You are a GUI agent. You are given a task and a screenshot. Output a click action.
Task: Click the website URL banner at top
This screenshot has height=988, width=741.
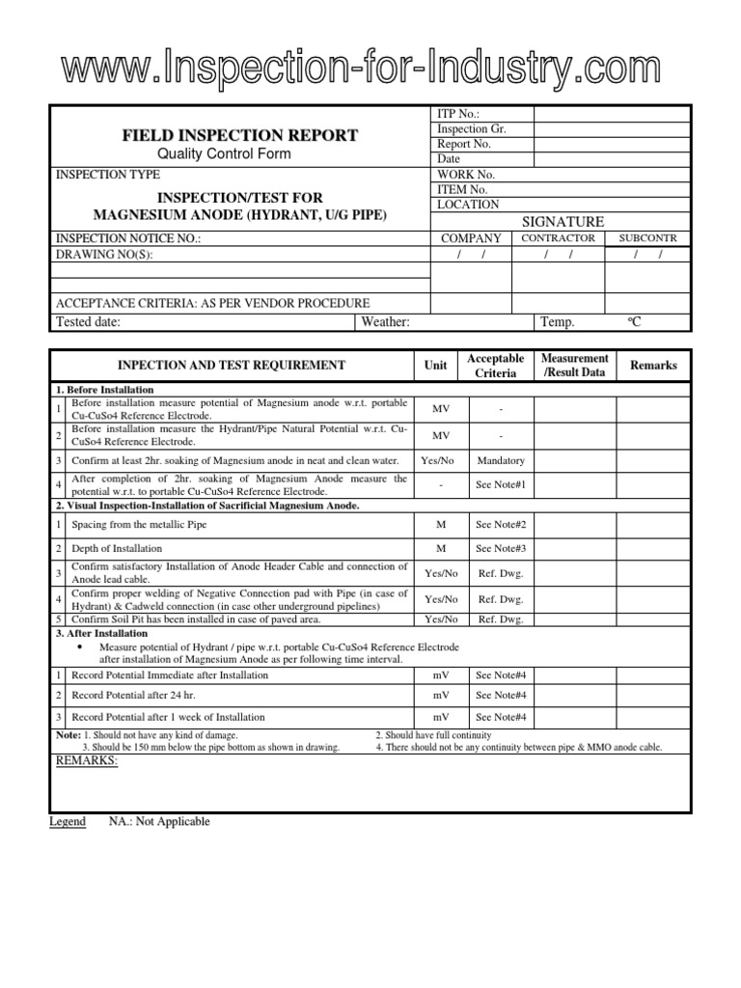370,70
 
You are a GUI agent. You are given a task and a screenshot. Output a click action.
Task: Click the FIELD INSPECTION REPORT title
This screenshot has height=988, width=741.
238,135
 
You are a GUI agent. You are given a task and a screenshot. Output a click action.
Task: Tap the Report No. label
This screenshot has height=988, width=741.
464,144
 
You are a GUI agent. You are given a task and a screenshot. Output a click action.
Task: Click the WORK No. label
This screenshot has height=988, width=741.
466,175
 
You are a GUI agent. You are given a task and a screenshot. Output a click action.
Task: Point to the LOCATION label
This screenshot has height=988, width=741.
468,205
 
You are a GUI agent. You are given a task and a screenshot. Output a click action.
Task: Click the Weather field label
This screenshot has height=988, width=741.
386,322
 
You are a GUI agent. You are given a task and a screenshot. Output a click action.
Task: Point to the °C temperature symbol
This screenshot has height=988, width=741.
634,322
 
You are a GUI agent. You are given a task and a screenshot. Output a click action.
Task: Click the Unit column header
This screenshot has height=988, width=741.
435,366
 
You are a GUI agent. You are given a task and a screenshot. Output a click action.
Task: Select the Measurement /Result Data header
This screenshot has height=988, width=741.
575,365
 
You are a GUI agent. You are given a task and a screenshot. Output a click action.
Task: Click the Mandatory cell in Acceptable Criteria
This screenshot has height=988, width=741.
501,460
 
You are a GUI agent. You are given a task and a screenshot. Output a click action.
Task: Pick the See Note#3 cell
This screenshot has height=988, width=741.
501,548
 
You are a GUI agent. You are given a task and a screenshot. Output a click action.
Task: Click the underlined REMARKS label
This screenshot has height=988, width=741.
87,761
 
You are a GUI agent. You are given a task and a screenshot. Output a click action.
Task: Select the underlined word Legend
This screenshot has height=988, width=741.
68,821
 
